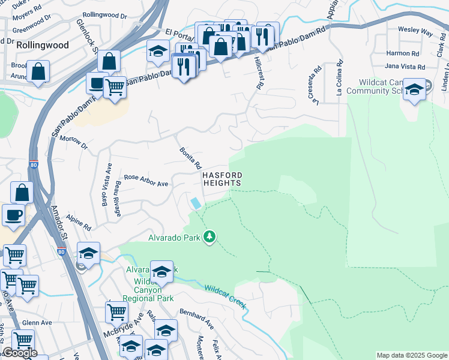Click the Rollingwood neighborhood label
tap(42, 45)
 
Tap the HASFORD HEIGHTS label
tap(221, 179)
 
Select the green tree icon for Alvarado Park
tap(209, 238)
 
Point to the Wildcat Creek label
tap(226, 295)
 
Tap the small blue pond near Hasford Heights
tap(196, 203)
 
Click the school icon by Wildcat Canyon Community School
tap(414, 89)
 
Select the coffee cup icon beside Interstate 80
tap(13, 214)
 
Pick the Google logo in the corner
tap(19, 353)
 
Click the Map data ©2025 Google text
tap(412, 356)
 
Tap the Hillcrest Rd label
tap(259, 73)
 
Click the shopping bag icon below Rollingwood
tap(38, 71)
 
